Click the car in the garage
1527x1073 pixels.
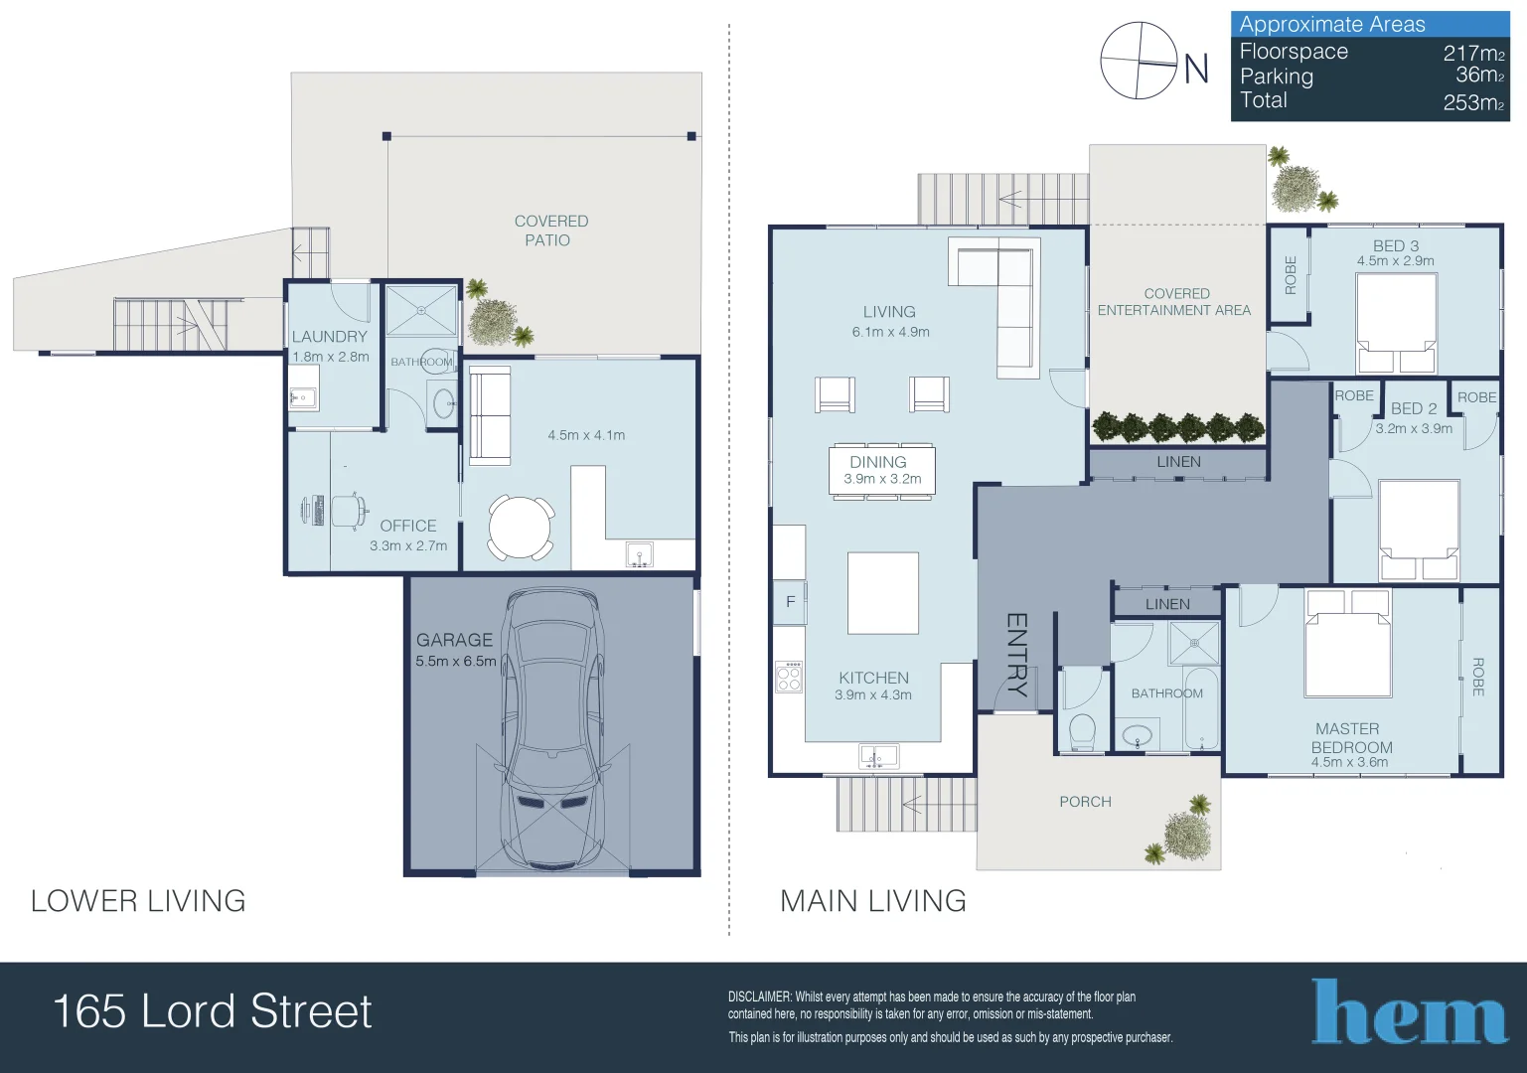click(x=552, y=730)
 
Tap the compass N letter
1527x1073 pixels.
click(x=1196, y=69)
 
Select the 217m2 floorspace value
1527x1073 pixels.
click(x=1473, y=54)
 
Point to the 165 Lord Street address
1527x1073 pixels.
click(x=212, y=1011)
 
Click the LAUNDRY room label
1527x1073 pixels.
click(x=329, y=337)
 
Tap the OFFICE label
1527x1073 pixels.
click(x=407, y=526)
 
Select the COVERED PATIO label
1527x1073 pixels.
click(x=549, y=230)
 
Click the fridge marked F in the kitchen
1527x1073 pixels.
click(x=790, y=601)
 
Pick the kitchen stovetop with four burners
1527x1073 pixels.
click(x=789, y=678)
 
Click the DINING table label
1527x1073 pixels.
click(x=878, y=462)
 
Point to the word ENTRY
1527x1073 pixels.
click(x=1016, y=653)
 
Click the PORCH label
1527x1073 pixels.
click(x=1085, y=802)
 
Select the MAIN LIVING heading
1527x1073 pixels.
click(x=872, y=901)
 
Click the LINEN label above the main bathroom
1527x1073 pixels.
click(x=1166, y=604)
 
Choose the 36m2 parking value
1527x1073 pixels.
click(x=1479, y=76)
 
